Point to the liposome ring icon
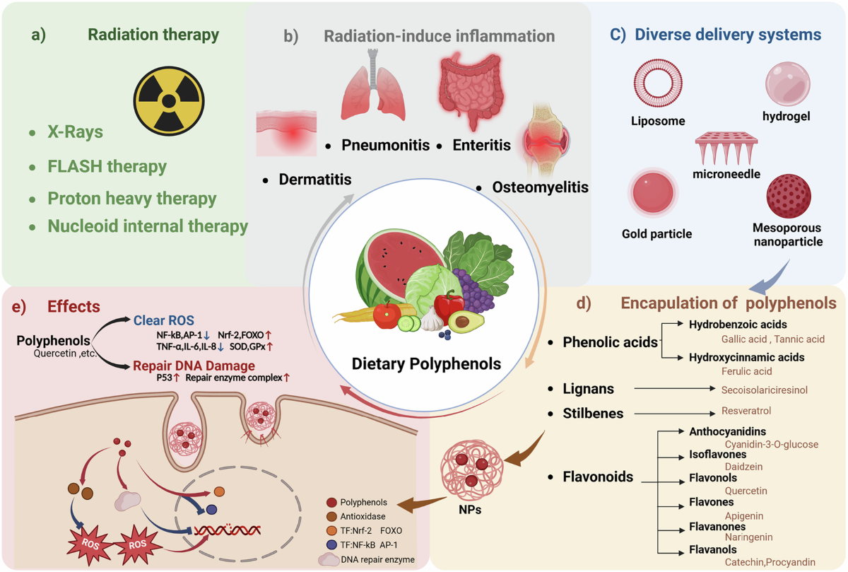657,83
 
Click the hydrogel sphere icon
787,83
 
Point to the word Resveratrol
746,411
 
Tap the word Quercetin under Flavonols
746,491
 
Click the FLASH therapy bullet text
107,167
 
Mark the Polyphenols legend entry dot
331,502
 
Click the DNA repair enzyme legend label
377,559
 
